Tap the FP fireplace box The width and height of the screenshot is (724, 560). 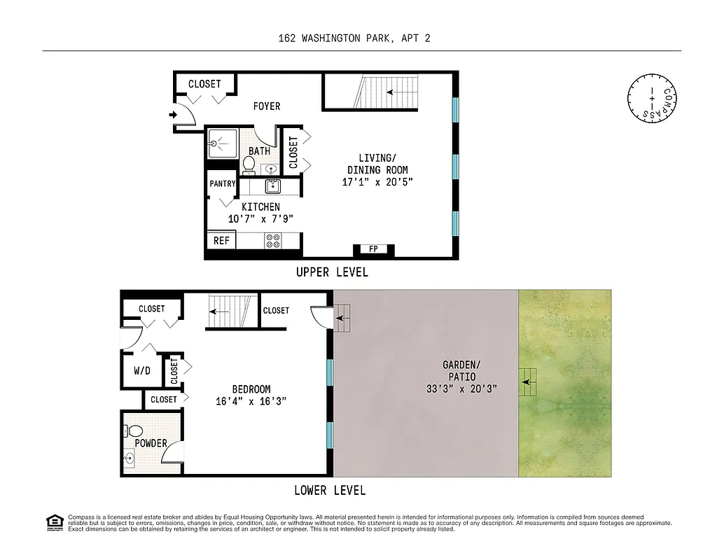coord(373,249)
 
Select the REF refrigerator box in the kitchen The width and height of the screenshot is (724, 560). coord(221,241)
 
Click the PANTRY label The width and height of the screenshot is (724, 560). coord(222,183)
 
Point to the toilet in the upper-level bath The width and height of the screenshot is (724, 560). coord(249,164)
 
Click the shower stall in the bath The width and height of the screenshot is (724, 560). coord(222,143)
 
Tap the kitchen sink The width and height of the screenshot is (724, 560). coord(272,186)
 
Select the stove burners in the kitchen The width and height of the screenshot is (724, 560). coord(272,241)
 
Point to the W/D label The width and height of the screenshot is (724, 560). coord(143,370)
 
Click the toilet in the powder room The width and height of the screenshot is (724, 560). coord(136,430)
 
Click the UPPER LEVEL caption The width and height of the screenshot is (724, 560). coord(331,272)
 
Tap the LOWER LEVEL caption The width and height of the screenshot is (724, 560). coord(329,490)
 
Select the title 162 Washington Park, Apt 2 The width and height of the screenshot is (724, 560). coord(354,38)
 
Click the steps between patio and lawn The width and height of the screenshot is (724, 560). coord(529,382)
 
